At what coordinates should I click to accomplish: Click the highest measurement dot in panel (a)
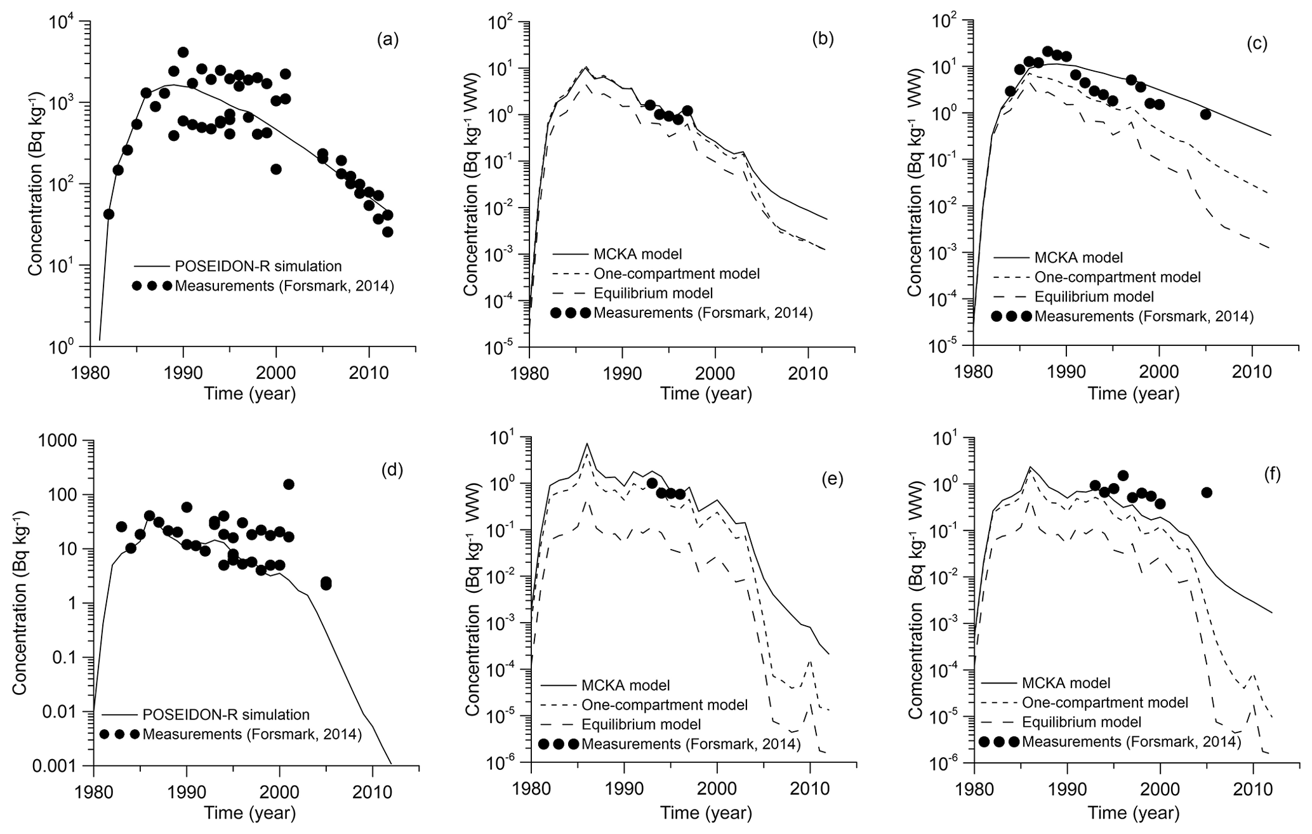183,52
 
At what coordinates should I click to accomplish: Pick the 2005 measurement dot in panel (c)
1205,114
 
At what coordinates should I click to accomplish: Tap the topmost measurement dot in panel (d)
289,484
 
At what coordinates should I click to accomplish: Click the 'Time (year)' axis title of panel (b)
706,394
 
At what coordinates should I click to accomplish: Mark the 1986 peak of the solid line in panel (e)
587,444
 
